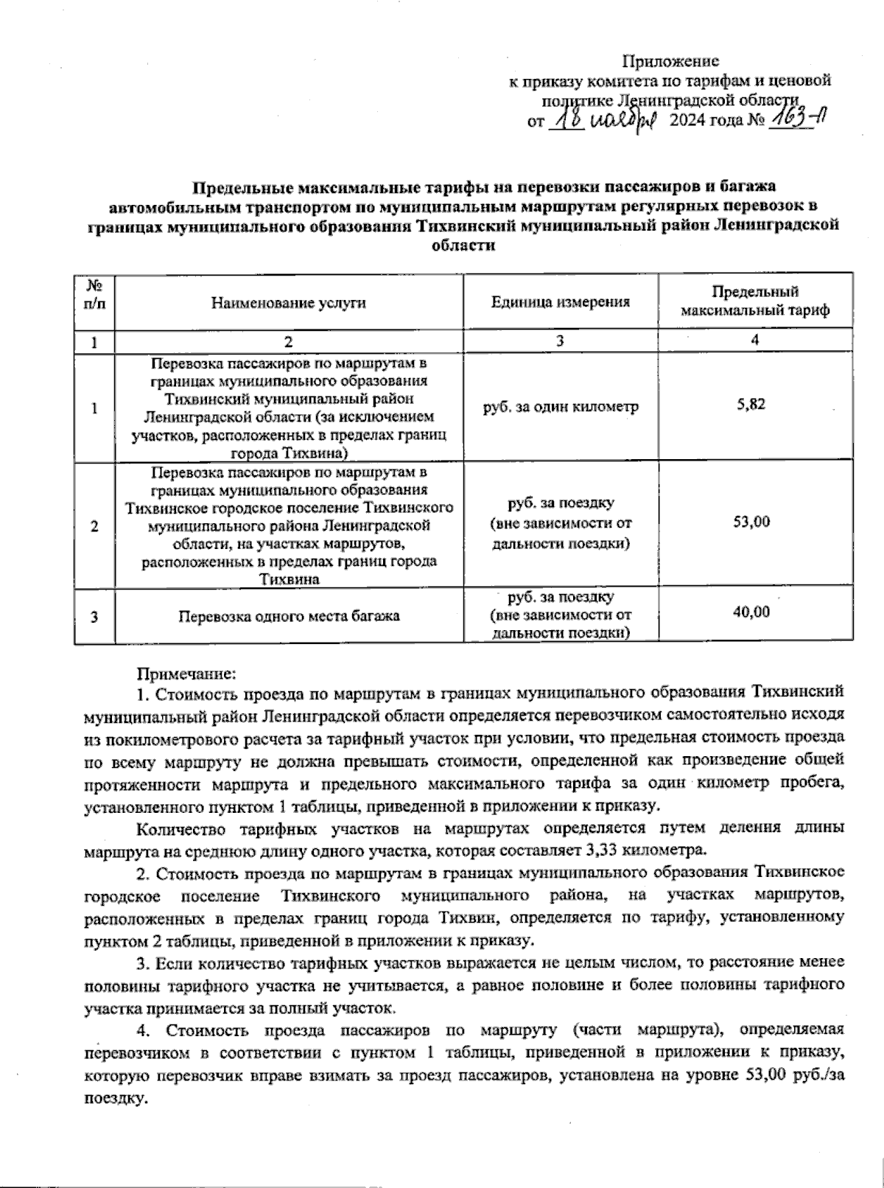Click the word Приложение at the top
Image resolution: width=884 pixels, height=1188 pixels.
click(670, 60)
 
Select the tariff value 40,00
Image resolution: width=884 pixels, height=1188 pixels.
click(751, 612)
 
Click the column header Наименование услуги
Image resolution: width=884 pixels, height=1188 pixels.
click(288, 302)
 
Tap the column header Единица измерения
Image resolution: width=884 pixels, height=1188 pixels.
click(561, 301)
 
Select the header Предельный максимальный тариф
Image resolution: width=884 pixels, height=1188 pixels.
click(755, 301)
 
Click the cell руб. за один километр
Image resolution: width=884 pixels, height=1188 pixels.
click(561, 407)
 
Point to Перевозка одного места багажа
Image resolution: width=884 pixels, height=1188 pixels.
click(289, 615)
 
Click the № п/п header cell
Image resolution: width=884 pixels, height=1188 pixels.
click(94, 294)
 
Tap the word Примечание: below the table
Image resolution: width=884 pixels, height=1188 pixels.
click(186, 673)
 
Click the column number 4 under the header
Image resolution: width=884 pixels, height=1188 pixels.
click(755, 340)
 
